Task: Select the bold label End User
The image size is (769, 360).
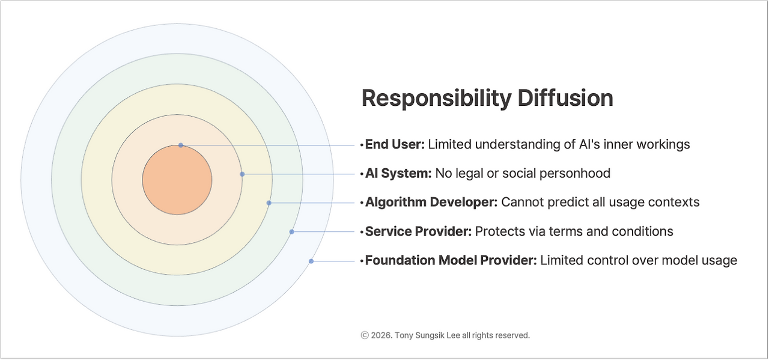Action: coord(395,145)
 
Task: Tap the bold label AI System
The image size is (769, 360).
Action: coord(398,174)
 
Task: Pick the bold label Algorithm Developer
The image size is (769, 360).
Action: coord(431,203)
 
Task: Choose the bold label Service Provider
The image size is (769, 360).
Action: coord(418,231)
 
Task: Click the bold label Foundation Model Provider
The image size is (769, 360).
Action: coord(451,261)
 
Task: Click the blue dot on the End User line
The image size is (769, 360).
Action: coord(181,145)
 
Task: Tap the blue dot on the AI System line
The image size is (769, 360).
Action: coord(242,174)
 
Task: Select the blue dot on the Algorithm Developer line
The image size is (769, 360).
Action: coord(269,203)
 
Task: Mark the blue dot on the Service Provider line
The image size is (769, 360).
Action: coord(291,231)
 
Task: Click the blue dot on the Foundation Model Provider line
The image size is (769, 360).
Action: coord(311,261)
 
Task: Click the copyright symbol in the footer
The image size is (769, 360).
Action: coord(365,335)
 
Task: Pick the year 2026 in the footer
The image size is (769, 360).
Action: coord(381,335)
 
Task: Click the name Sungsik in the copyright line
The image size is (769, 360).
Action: coord(433,335)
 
